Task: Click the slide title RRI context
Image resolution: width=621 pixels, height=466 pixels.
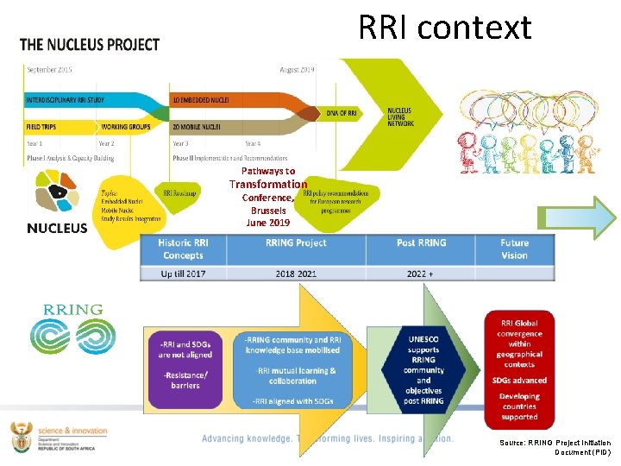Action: (x=444, y=28)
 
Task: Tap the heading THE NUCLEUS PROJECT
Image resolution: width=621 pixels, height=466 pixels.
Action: (x=90, y=44)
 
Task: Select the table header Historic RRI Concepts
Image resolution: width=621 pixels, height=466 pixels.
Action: (x=182, y=249)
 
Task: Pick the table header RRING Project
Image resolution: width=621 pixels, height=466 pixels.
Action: (x=296, y=243)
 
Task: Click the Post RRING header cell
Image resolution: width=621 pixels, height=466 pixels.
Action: (x=421, y=243)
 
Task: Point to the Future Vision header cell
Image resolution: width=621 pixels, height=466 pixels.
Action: (x=514, y=249)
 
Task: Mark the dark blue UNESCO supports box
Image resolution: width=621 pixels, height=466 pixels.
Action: (x=423, y=370)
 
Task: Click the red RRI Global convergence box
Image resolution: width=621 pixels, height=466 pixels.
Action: (x=519, y=368)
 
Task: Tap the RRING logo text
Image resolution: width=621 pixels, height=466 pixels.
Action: (x=72, y=309)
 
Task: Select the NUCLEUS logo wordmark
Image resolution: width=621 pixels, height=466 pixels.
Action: (x=58, y=228)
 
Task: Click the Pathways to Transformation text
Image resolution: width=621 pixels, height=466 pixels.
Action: (x=268, y=178)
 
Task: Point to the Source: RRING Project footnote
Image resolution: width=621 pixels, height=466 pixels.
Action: (x=555, y=447)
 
